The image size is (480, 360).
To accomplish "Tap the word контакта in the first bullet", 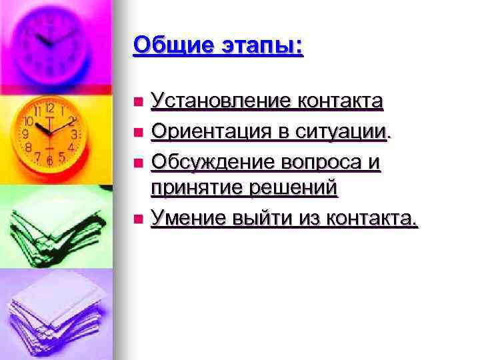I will [340, 102].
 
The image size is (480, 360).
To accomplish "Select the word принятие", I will [194, 189].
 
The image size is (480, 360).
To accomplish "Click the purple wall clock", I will [50, 40].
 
